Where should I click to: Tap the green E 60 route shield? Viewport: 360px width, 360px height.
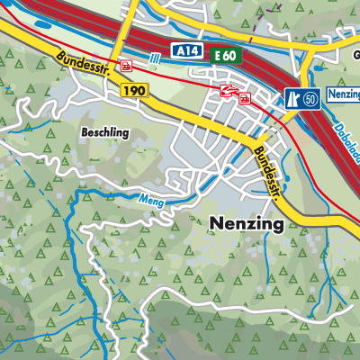[x=228, y=56]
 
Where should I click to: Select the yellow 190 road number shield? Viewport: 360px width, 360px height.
[x=131, y=92]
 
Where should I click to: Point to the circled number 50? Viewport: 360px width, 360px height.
[x=310, y=97]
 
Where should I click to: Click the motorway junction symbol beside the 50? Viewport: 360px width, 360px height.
[x=292, y=97]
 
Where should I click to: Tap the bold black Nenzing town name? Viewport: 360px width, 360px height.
[x=246, y=222]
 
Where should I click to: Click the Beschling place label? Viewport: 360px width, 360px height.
[x=106, y=131]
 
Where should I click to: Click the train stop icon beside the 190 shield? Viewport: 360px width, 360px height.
[x=127, y=65]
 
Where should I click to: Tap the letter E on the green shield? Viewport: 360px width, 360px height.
[x=220, y=56]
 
